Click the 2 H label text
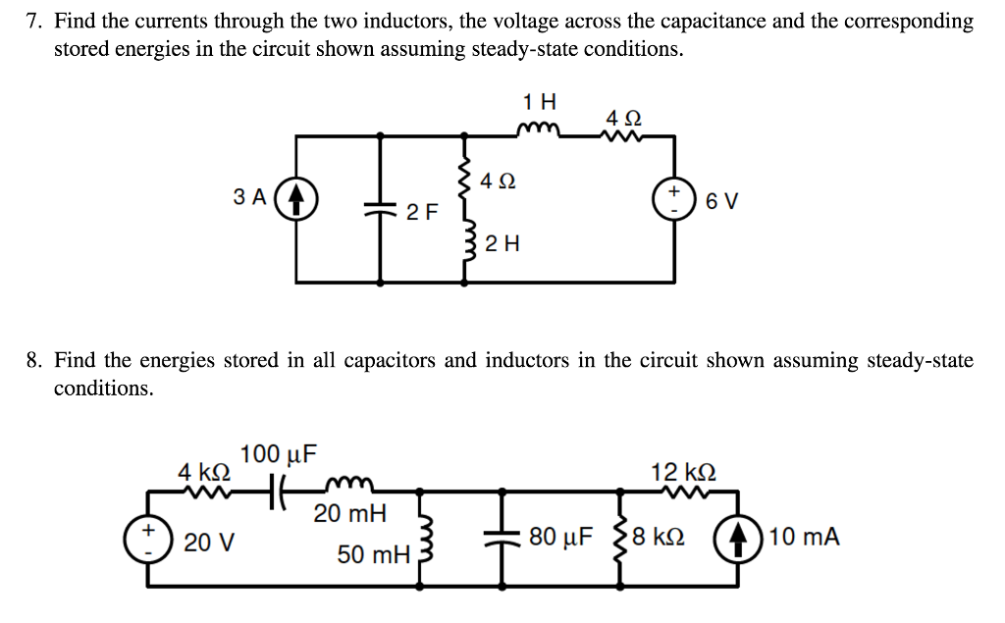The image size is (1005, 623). coord(502,243)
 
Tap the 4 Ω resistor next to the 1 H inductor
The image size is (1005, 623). coord(624,135)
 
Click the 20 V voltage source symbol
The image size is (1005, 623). coord(148,539)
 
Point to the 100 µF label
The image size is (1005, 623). coord(279,454)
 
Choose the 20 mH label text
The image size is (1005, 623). coord(350,513)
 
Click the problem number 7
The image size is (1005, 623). coord(33,21)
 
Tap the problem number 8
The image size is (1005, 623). coord(33,361)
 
